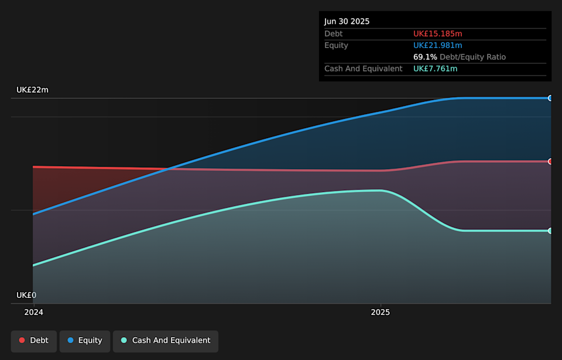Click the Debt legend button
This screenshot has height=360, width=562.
[x=34, y=341]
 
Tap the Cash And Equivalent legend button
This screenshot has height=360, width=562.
[x=165, y=341]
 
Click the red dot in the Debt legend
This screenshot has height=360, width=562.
[x=22, y=341]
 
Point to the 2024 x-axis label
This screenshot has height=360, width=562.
[x=33, y=313]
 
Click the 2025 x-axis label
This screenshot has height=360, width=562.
[x=381, y=313]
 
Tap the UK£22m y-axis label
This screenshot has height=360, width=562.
[x=32, y=90]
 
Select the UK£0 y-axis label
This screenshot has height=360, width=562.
[x=26, y=295]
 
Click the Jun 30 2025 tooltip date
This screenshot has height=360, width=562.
[x=347, y=22]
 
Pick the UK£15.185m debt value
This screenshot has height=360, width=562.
[x=437, y=34]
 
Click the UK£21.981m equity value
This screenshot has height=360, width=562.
[x=437, y=46]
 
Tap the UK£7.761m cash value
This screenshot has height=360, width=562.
[x=435, y=69]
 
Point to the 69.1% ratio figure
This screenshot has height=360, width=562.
[x=425, y=57]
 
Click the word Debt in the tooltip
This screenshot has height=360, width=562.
[x=334, y=34]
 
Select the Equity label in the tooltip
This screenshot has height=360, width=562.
[x=336, y=46]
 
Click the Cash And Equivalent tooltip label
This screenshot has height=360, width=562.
[x=364, y=69]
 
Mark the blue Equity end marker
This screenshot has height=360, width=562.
[x=550, y=98]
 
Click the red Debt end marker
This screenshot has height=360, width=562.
[x=550, y=162]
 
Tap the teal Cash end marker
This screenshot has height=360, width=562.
[x=550, y=231]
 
